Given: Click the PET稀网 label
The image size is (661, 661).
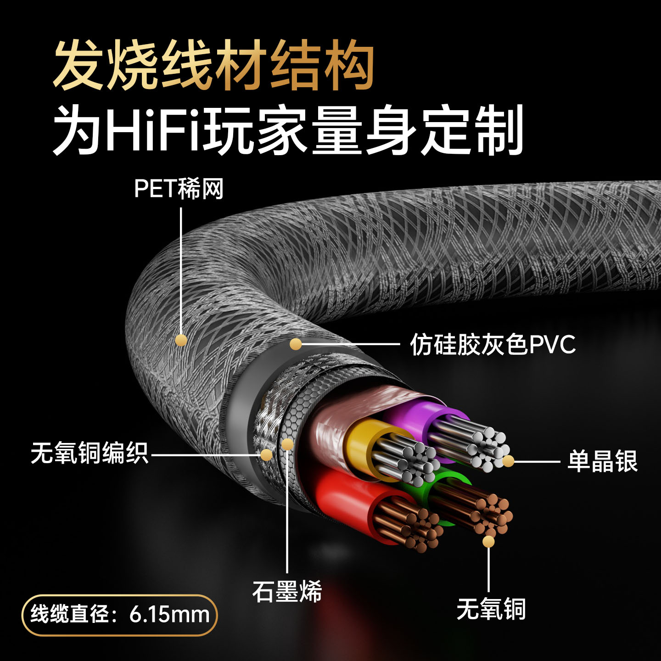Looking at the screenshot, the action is [179, 188].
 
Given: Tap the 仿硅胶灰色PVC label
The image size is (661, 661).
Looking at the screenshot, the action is [493, 344].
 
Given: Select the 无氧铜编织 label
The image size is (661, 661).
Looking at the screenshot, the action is [90, 453].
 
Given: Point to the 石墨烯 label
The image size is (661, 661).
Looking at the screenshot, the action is [287, 591].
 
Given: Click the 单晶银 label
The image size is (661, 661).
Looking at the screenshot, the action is [602, 461].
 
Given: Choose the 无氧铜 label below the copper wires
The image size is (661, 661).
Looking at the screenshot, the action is [491, 609].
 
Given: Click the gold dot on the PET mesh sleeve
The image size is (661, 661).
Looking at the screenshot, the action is [181, 340].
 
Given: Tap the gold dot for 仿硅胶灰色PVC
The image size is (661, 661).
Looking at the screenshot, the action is [296, 344].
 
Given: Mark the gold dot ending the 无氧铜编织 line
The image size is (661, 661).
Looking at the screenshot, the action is [266, 455].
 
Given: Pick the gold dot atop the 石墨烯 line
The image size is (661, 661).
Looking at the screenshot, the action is [287, 444].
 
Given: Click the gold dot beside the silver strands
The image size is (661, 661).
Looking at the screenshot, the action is [508, 461].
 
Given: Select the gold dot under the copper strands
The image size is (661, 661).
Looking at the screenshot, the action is [488, 542].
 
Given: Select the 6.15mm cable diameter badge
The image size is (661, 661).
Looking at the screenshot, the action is [119, 615].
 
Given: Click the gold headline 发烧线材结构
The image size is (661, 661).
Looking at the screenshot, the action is [213, 66].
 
